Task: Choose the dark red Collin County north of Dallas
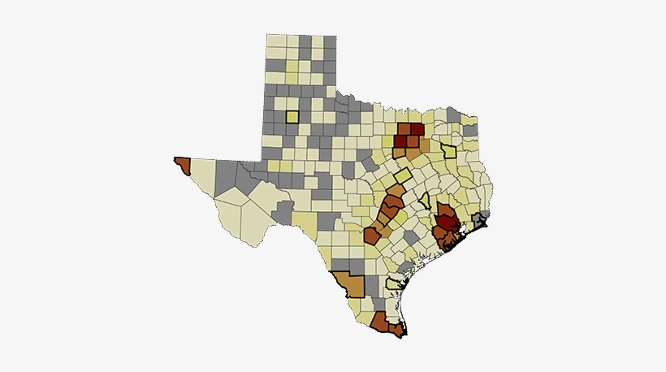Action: click(x=416, y=129)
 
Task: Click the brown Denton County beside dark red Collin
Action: click(x=404, y=129)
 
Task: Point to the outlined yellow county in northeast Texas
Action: click(x=448, y=149)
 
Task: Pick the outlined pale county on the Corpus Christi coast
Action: click(x=396, y=284)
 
